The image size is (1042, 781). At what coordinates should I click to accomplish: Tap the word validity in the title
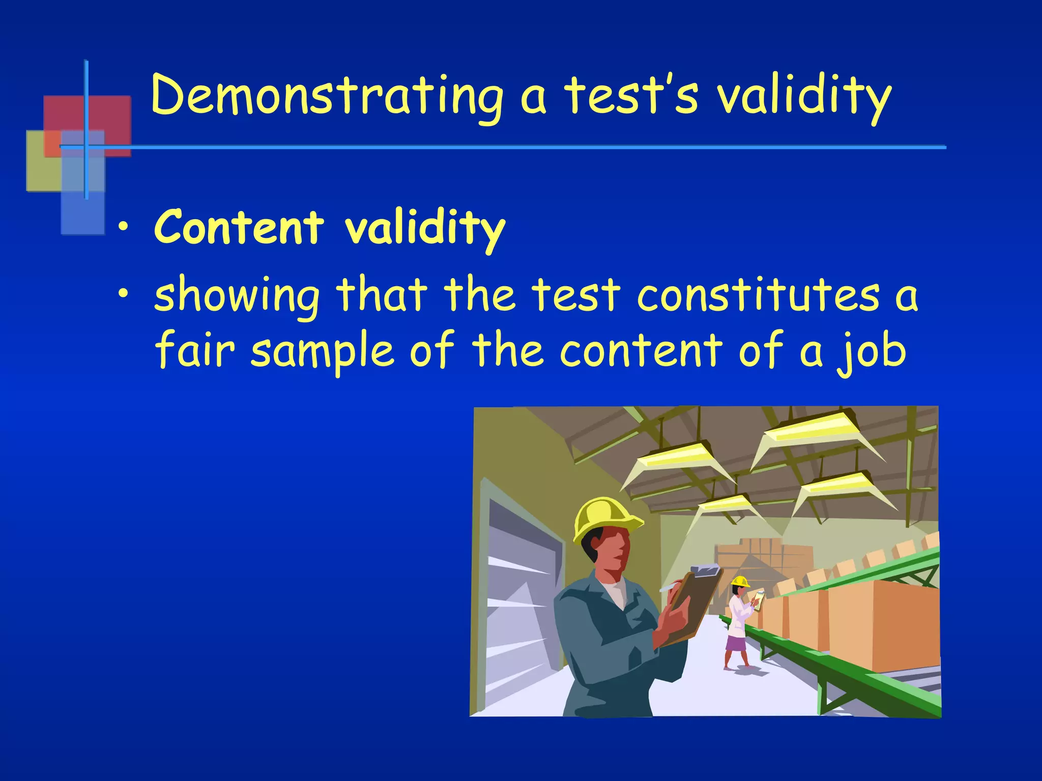(804, 97)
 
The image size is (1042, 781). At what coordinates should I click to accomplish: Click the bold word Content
(239, 227)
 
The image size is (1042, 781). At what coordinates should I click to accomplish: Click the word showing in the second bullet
(237, 296)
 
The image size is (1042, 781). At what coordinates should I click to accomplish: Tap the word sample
(323, 352)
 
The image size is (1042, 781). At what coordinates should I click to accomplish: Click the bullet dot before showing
(122, 294)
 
